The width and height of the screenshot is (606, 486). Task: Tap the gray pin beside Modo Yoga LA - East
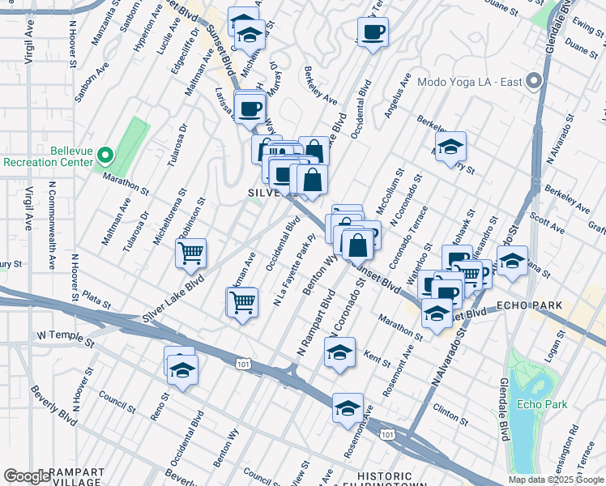click(x=533, y=81)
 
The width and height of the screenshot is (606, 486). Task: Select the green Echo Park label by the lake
click(x=532, y=404)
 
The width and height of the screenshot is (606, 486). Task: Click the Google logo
click(x=27, y=476)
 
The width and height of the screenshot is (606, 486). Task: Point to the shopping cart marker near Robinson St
click(x=191, y=253)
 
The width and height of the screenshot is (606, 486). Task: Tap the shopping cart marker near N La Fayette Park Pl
click(x=242, y=302)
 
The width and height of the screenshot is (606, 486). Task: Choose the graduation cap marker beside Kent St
click(x=339, y=352)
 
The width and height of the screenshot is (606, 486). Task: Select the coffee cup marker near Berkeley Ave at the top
click(x=373, y=32)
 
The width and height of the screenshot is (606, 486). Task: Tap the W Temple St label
click(x=66, y=335)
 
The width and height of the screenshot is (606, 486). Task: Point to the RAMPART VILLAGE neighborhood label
click(x=75, y=475)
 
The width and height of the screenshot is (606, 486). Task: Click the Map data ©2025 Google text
click(x=556, y=480)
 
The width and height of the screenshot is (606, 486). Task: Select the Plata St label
click(x=96, y=301)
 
